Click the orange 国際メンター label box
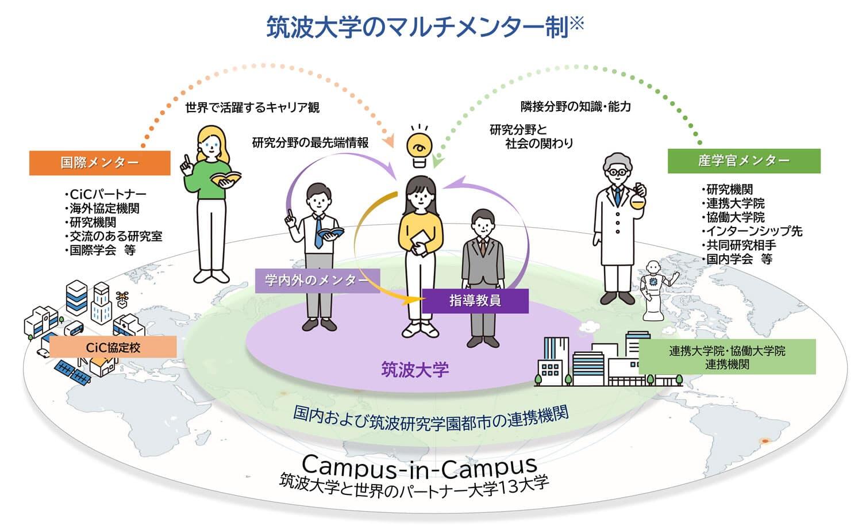coord(100,163)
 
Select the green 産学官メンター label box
coord(744,161)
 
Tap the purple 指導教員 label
coord(475,301)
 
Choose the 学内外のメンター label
coord(317,281)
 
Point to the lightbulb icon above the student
coord(420,147)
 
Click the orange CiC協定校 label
coord(113,347)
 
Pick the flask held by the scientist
coord(637,199)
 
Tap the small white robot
coord(654,290)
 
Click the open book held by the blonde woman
coord(226,179)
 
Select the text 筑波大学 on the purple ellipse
coord(415,370)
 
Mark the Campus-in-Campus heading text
coord(420,466)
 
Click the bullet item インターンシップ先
coord(753,231)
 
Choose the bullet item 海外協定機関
coord(103,208)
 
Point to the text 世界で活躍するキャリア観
coord(252,107)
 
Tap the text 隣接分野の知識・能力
coord(575,106)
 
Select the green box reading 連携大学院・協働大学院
coord(727,357)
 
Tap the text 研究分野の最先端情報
coord(310,143)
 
